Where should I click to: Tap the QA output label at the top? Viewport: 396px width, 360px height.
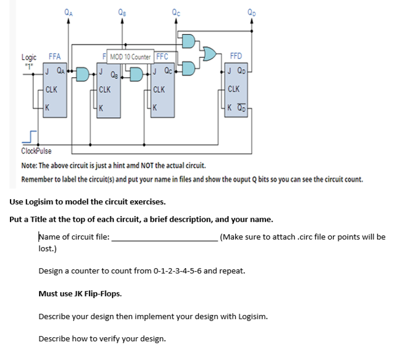(x=69, y=8)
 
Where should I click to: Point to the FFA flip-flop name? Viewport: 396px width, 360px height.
(x=54, y=57)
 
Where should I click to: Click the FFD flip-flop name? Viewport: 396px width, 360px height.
(x=237, y=57)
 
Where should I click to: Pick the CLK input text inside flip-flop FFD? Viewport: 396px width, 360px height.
(x=233, y=90)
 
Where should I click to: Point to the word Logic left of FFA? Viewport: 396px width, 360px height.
(x=29, y=57)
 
